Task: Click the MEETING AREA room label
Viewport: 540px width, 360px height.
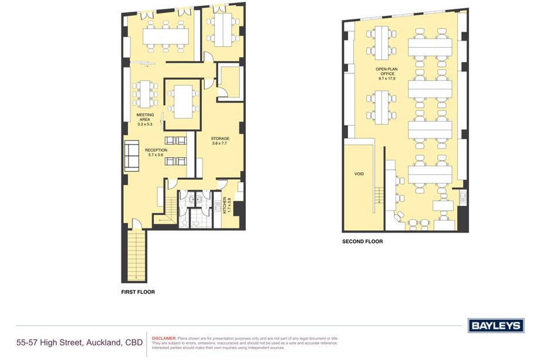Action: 145,117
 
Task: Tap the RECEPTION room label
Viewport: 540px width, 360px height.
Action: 156,150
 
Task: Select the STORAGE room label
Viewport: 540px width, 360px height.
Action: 220,139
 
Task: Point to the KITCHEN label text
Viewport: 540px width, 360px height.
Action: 225,205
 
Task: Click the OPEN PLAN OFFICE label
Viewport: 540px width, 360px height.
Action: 387,71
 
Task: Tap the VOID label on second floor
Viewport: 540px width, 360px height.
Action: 359,174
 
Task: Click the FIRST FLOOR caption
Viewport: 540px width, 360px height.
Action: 138,292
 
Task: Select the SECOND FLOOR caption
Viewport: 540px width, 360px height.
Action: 362,241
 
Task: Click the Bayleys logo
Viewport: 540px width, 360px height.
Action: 496,325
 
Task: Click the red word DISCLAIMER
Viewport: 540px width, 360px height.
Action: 164,339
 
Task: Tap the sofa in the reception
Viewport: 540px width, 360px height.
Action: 131,156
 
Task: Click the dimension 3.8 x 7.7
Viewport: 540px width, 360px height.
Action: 220,143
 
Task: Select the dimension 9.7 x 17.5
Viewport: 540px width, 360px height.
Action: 387,79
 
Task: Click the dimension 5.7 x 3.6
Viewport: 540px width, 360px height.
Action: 156,155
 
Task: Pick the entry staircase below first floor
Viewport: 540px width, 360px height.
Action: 136,255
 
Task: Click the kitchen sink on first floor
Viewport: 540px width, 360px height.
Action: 217,207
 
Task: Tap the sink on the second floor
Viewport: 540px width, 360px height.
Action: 463,197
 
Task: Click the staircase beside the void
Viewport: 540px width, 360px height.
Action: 379,195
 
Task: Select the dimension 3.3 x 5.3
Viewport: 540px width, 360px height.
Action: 145,125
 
